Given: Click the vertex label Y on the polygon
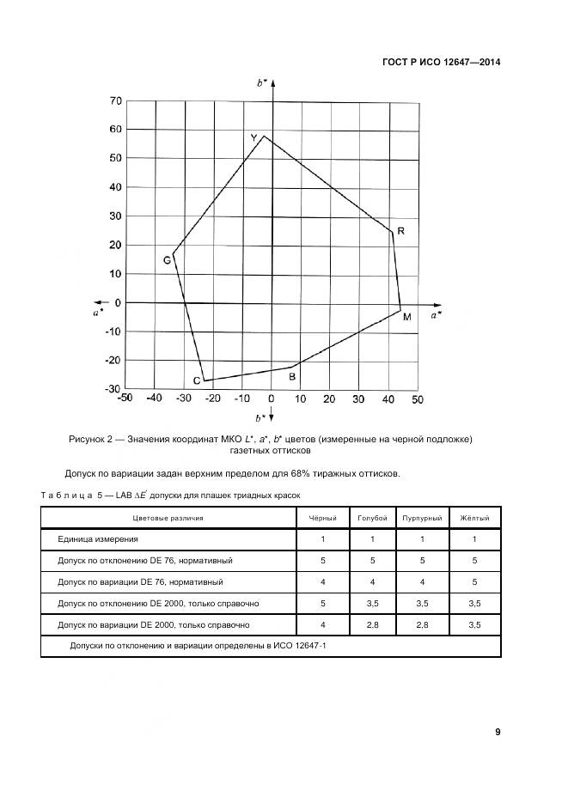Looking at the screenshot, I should click(253, 137).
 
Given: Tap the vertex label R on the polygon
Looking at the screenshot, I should click(400, 232).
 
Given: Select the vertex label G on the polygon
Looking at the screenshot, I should click(167, 260).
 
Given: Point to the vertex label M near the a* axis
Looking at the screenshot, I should click(406, 317).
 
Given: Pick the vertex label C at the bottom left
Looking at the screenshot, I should click(197, 380).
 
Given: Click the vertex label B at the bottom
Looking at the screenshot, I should click(292, 376).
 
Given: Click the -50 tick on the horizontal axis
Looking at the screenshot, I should click(125, 398).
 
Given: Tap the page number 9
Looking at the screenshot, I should click(498, 732).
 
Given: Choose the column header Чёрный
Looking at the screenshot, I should click(322, 519).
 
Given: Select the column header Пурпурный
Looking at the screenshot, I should click(422, 519).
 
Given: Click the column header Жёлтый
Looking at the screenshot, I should click(473, 519).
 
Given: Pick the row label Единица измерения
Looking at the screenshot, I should click(97, 538).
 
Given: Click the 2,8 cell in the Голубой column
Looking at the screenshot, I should click(373, 624).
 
